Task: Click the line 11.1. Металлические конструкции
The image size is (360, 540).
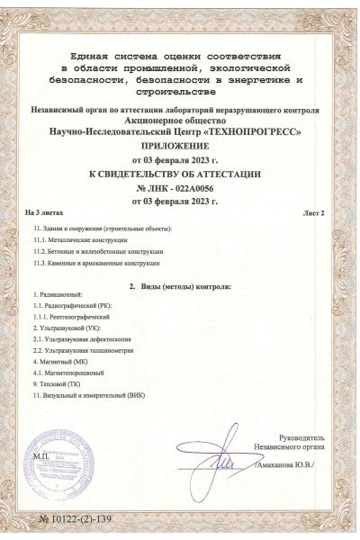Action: [x=79, y=241]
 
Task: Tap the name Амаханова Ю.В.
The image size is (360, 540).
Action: [x=289, y=467]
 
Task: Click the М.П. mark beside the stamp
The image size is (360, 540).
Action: [x=40, y=456]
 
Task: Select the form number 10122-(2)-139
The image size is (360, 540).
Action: [x=76, y=519]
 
